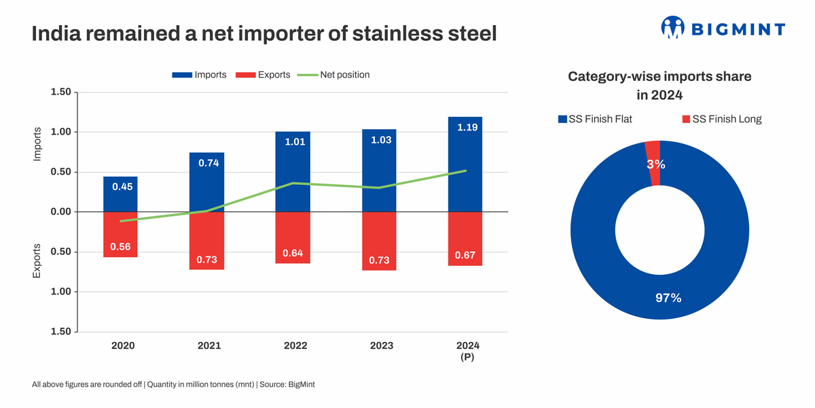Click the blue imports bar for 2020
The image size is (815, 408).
click(120, 194)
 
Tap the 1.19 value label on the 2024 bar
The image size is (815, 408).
click(467, 127)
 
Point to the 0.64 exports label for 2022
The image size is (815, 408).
click(293, 253)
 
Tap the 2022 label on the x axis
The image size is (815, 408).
click(295, 345)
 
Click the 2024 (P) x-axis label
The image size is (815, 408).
click(467, 350)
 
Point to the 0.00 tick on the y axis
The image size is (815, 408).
click(60, 211)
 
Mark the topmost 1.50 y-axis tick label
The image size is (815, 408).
click(60, 92)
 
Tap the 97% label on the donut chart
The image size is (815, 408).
click(668, 298)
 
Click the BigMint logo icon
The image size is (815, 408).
click(672, 27)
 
